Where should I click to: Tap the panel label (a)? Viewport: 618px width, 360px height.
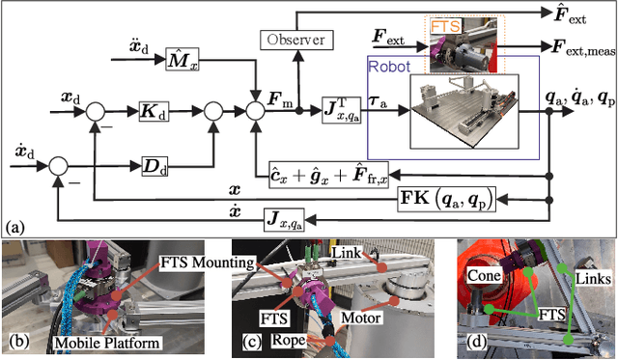(x=17, y=227)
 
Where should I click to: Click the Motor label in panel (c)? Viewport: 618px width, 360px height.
(x=365, y=314)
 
